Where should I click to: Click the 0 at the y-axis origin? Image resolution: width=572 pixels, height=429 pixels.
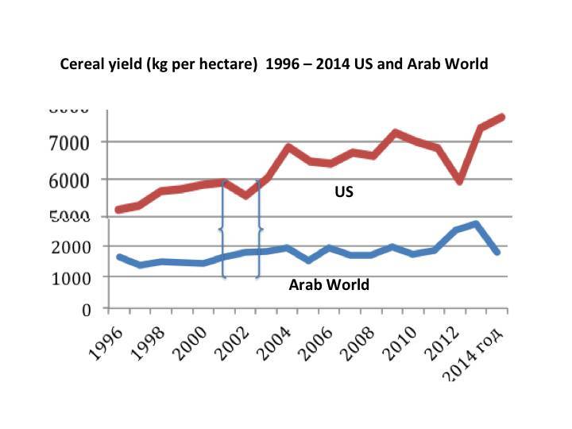point(90,309)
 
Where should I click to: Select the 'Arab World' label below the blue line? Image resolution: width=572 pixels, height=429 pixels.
point(329,284)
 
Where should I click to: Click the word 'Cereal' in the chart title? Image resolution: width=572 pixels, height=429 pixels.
point(82,64)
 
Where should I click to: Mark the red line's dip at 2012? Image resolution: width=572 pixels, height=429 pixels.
point(459,181)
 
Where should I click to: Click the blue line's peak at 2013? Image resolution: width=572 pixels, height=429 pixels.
point(474,224)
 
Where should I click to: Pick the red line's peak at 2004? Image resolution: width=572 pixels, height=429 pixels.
point(289,147)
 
